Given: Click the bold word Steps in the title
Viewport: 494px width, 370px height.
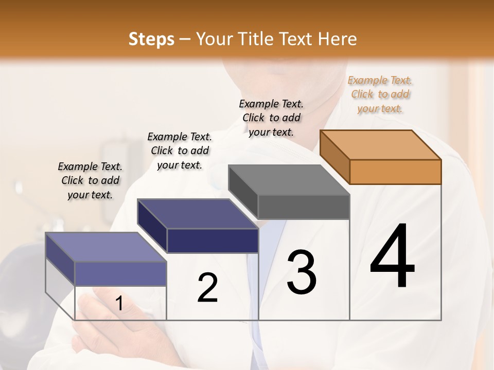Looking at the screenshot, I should click(x=151, y=39).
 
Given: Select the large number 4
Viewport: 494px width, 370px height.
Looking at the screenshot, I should click(x=392, y=257).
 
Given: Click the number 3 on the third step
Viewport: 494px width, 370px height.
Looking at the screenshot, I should click(x=302, y=272).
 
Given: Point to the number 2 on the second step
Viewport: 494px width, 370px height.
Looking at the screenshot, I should click(x=207, y=288).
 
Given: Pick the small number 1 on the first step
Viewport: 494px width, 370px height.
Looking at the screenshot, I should click(x=119, y=304).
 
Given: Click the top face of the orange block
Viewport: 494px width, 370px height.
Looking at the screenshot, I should click(x=381, y=144).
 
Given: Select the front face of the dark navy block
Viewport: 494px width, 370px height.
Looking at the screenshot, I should click(x=213, y=240).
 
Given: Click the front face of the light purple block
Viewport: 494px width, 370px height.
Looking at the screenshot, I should click(x=120, y=273).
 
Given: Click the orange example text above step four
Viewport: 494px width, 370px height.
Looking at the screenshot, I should click(x=380, y=94).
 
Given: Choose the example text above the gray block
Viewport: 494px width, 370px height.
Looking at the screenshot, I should click(x=271, y=118).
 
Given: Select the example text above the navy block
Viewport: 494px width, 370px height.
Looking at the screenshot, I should click(x=180, y=151).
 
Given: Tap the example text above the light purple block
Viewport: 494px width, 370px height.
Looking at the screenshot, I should click(x=90, y=180).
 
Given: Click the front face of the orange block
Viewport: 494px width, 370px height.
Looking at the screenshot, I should click(x=395, y=172).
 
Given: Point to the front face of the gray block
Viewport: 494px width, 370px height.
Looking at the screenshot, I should click(x=304, y=207).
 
